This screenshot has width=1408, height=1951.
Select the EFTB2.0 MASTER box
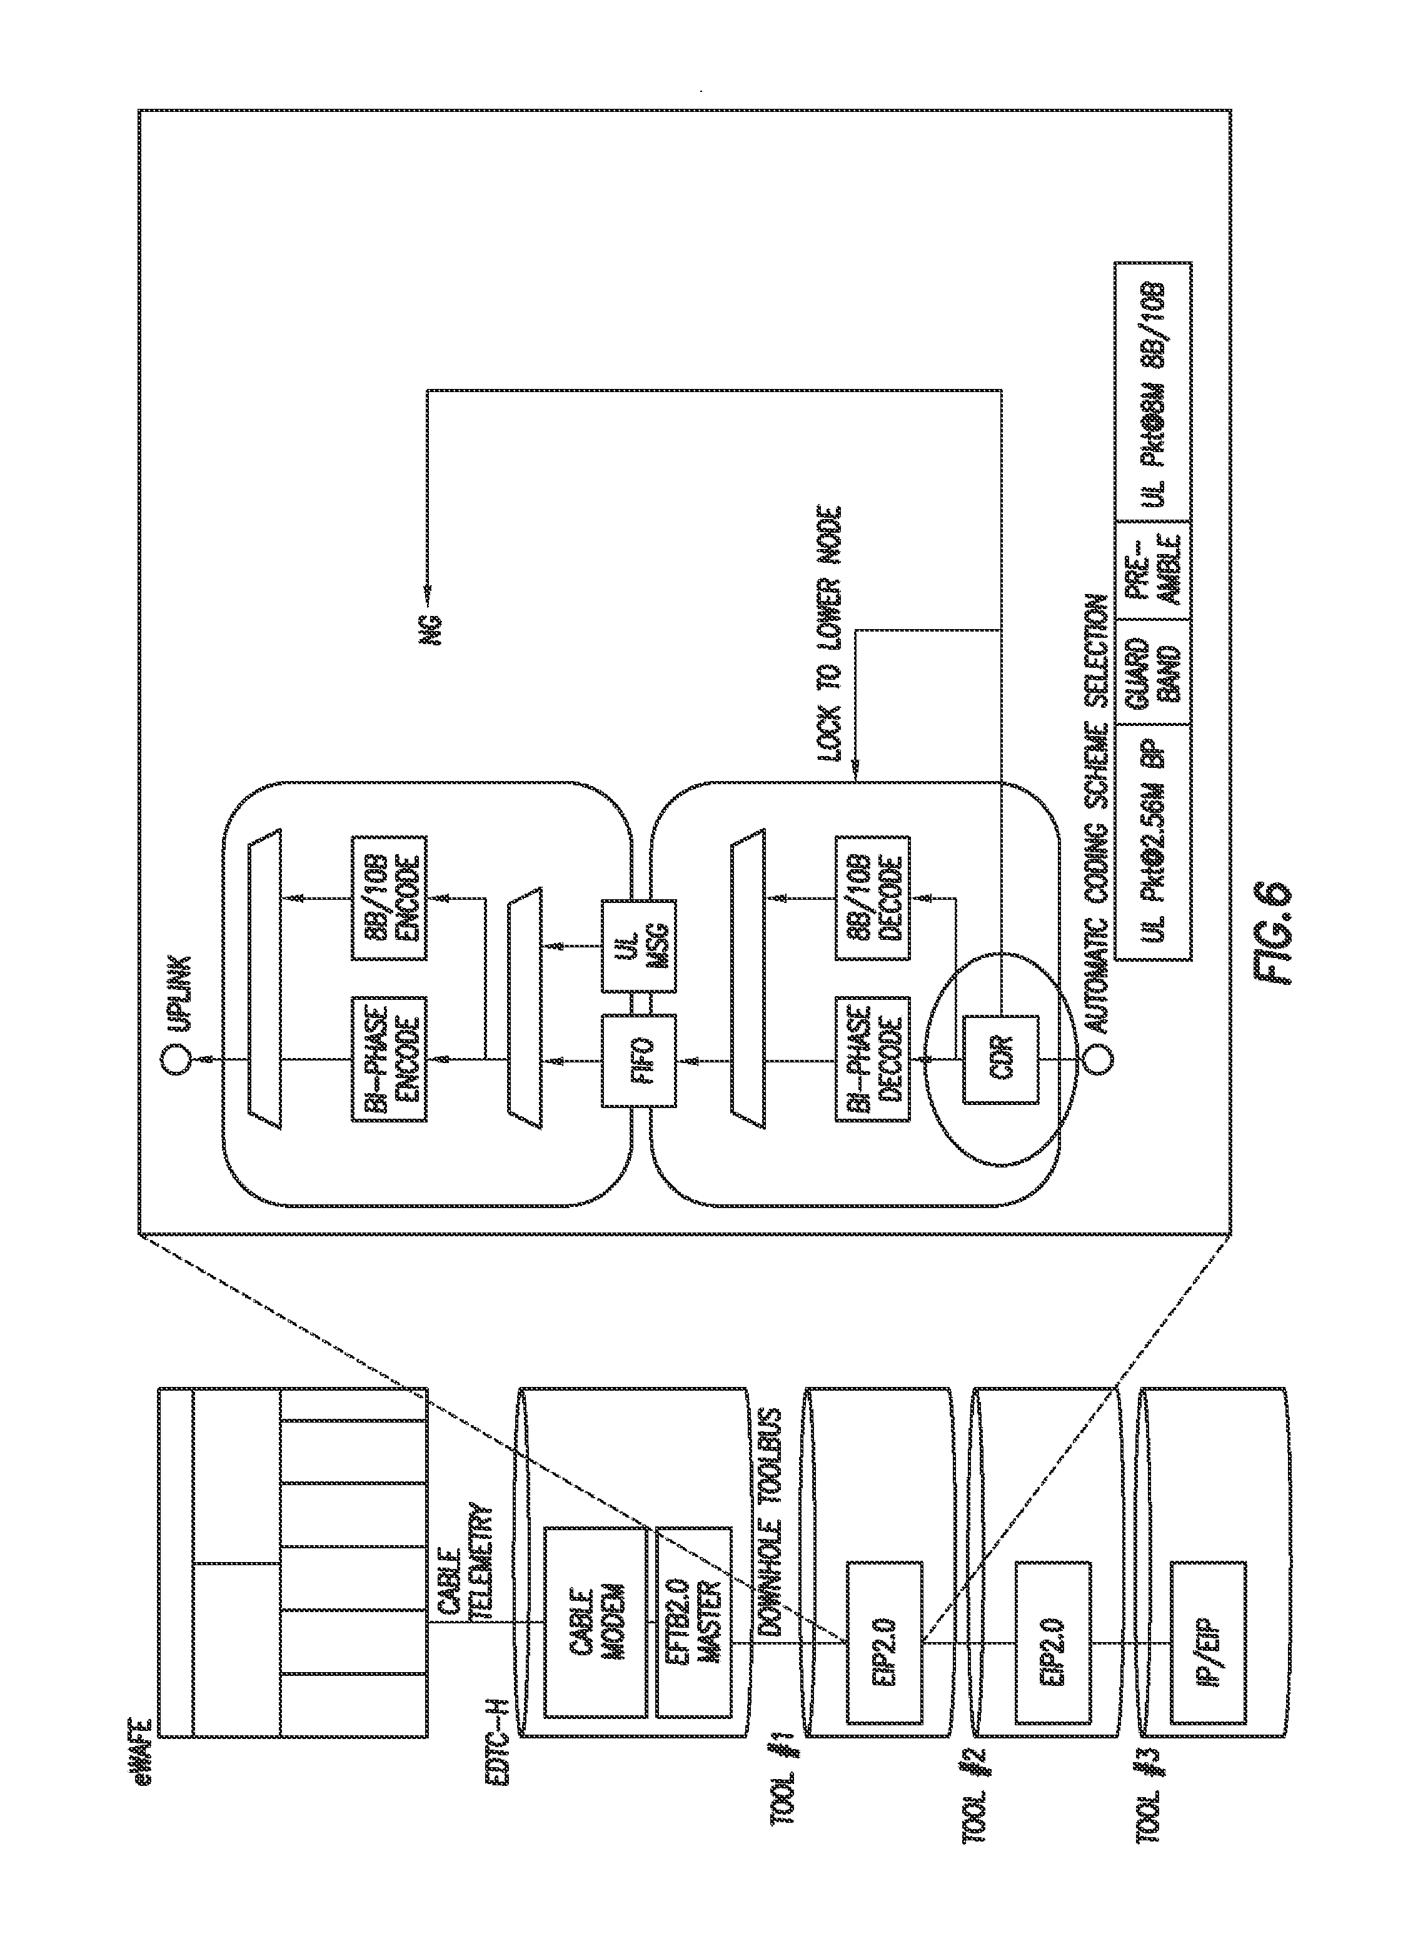(x=693, y=1622)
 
